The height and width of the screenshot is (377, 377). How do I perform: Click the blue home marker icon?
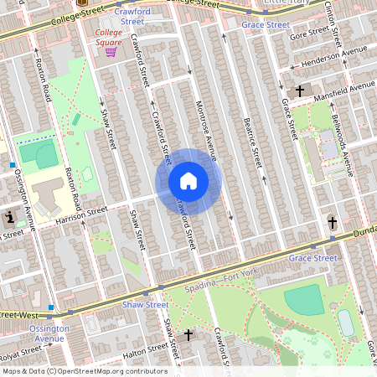coord(188,181)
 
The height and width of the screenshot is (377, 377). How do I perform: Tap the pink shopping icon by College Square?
coord(110,52)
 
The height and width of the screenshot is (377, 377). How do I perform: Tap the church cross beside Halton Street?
coord(188,334)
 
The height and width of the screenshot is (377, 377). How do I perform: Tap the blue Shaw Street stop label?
coord(147,305)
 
